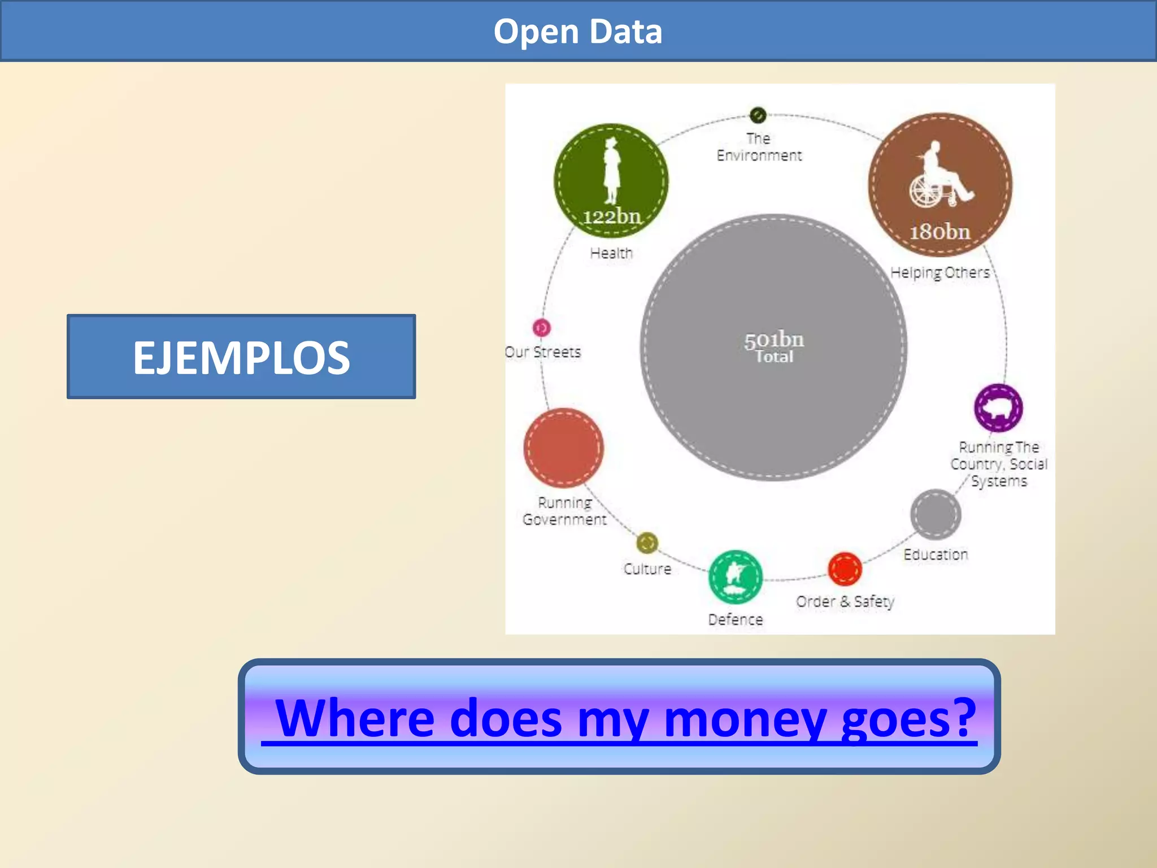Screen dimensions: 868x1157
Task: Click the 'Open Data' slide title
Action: tap(577, 31)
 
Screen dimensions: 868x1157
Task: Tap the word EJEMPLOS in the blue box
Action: tap(241, 357)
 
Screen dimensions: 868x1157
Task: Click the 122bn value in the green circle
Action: tap(612, 216)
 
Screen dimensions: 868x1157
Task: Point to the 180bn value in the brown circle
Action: tap(939, 232)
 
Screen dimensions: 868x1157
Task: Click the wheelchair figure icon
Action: tap(939, 175)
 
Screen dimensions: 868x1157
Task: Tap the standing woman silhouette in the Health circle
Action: tap(611, 170)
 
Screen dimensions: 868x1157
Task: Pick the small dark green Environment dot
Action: tap(758, 115)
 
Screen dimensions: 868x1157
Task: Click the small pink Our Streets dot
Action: tap(541, 327)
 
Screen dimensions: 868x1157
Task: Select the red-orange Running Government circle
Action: tap(563, 448)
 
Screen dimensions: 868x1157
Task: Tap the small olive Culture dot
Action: tap(647, 543)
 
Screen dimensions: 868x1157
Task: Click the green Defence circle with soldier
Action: tap(735, 577)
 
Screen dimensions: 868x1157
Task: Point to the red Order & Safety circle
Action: tap(845, 569)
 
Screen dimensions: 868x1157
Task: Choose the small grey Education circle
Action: tap(936, 514)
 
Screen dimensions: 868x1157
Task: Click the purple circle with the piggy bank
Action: tap(998, 407)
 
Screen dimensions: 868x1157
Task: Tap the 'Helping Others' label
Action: tap(940, 272)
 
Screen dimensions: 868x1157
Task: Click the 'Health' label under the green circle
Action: tap(611, 253)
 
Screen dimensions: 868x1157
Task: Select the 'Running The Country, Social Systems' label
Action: tap(999, 464)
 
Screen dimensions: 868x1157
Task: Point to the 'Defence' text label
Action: tap(736, 620)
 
